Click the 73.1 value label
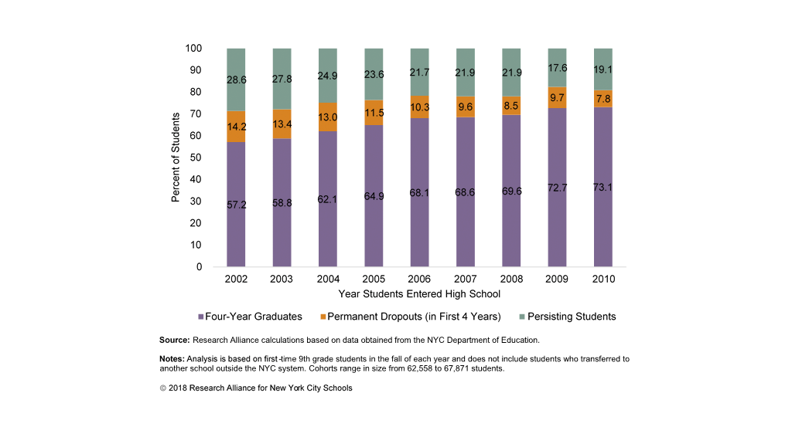(603, 187)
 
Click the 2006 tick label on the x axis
(419, 279)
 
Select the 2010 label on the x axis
(603, 279)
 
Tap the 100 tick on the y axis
(193, 49)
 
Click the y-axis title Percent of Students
(176, 158)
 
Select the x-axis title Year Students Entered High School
(419, 294)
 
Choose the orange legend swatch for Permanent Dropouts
(323, 317)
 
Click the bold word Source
(174, 340)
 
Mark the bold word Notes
(172, 359)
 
